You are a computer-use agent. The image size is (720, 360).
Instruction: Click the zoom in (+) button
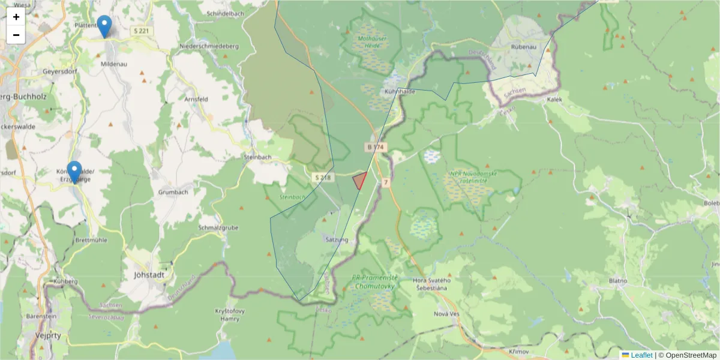[16, 17]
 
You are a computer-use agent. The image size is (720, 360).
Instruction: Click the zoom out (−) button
[16, 35]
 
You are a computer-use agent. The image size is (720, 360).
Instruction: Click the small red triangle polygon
[360, 180]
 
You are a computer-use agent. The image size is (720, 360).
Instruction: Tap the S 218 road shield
[322, 177]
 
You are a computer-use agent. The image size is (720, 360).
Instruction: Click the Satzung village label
[336, 239]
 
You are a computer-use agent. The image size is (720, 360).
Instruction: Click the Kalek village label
[555, 100]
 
